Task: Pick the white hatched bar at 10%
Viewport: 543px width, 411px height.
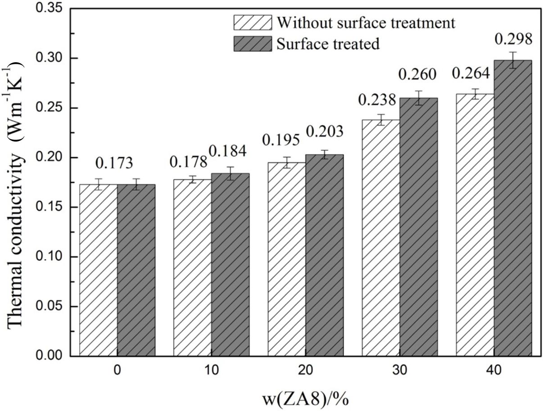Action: (192, 267)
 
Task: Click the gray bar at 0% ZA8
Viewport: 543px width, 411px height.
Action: (136, 270)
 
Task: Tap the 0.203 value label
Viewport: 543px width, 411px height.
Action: (324, 132)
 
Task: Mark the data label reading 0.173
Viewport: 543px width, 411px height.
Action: (117, 161)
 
